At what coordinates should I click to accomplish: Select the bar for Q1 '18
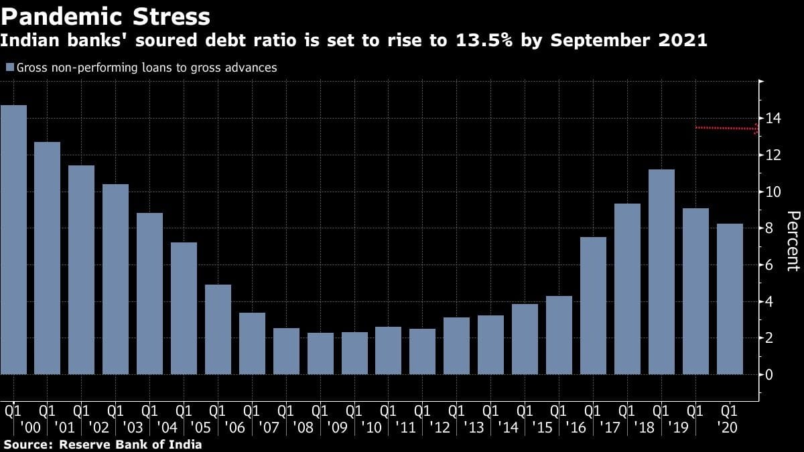pyautogui.click(x=627, y=289)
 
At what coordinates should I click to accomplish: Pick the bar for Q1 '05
pyautogui.click(x=184, y=308)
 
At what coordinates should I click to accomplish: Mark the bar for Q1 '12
pyautogui.click(x=422, y=352)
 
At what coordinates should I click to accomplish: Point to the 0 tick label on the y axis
pyautogui.click(x=769, y=374)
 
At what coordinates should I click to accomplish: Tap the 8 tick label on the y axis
pyautogui.click(x=769, y=228)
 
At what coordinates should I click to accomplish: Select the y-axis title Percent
pyautogui.click(x=793, y=240)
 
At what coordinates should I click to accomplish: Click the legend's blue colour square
pyautogui.click(x=9, y=68)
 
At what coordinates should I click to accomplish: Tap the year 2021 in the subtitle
pyautogui.click(x=683, y=40)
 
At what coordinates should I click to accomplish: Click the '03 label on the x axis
pyautogui.click(x=133, y=427)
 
